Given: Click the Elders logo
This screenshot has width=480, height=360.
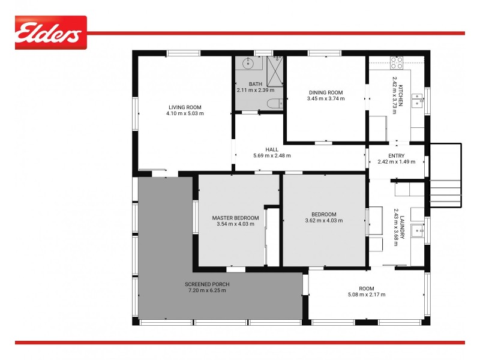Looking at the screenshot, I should [50, 33].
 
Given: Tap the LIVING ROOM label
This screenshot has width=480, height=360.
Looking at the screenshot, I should [185, 107].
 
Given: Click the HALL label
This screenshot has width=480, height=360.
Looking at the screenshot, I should [272, 149].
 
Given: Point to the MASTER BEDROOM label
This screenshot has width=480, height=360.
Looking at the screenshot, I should [235, 218].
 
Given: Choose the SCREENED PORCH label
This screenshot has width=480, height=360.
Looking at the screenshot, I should [207, 284].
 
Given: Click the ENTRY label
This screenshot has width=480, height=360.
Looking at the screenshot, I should [397, 156].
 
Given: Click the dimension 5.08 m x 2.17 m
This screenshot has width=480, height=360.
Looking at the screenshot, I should [366, 295].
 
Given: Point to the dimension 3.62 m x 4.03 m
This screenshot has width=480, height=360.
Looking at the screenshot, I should [324, 221].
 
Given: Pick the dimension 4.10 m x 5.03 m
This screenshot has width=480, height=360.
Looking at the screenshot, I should [185, 113].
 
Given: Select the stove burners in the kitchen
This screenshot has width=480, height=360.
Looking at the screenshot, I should [397, 62].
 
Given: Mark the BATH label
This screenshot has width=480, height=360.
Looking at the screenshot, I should [256, 84].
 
